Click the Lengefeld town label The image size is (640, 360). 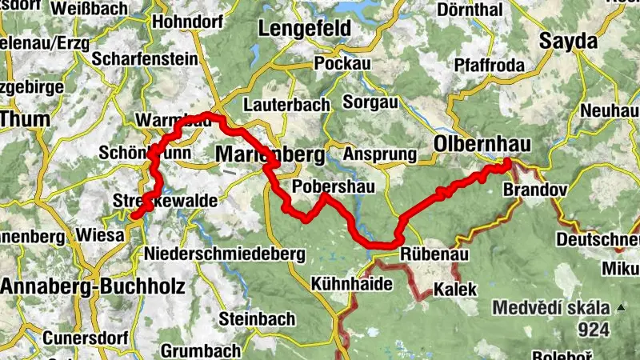(x=304, y=29)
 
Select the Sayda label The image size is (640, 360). (x=569, y=41)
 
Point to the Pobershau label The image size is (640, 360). (x=323, y=186)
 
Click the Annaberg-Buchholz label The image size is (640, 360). (x=93, y=286)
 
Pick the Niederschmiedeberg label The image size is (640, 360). (x=226, y=254)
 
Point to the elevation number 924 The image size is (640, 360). (x=594, y=329)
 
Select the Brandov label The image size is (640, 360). (x=535, y=190)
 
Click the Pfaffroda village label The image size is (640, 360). (x=487, y=64)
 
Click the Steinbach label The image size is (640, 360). (x=250, y=318)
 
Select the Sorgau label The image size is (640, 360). (x=370, y=102)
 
